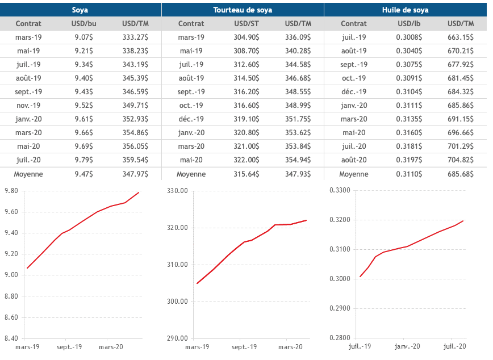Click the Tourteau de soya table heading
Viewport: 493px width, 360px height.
coord(243,10)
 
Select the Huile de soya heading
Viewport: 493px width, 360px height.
coord(405,10)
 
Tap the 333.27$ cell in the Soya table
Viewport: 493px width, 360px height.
coord(135,37)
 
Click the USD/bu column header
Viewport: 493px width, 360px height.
coord(84,24)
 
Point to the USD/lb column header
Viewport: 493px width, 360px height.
coord(409,24)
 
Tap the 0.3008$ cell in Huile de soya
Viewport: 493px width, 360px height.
coord(409,37)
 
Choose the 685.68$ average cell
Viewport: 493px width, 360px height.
coord(461,174)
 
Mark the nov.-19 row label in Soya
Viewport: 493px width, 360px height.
coord(28,106)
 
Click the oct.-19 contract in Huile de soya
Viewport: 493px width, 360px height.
coord(354,78)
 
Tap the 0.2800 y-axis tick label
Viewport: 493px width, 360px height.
coord(339,338)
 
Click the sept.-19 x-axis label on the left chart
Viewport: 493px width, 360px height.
coord(69,346)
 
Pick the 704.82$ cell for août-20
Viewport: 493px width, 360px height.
coord(461,160)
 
